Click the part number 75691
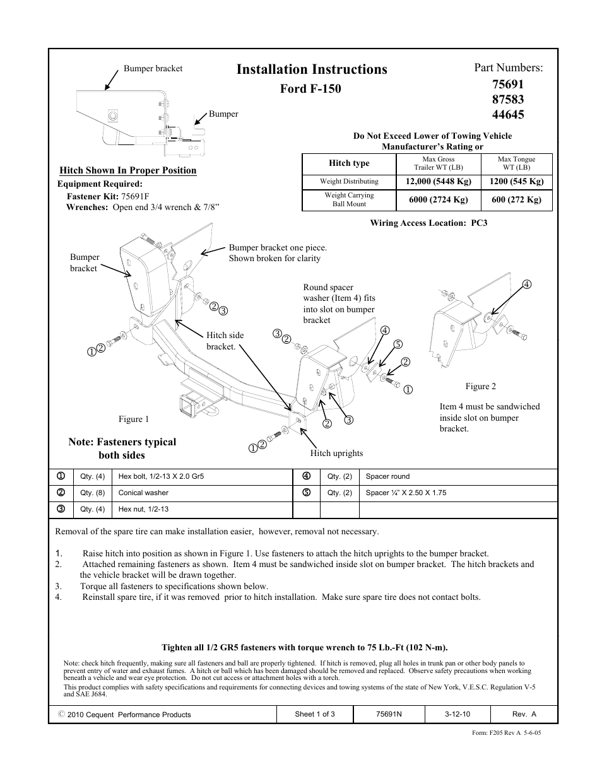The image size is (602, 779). [500, 84]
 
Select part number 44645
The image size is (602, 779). [500, 114]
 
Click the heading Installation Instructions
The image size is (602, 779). [312, 69]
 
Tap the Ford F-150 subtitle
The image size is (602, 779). [310, 88]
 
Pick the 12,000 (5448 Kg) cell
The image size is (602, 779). [439, 182]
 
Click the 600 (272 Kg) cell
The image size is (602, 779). [516, 200]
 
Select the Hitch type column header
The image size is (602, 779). [349, 163]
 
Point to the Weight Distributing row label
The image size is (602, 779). [349, 182]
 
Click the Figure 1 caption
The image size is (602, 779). [134, 419]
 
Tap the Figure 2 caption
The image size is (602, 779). [481, 387]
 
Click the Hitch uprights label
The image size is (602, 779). [336, 453]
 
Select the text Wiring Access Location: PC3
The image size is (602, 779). [428, 223]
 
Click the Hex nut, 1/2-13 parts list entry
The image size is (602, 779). [143, 510]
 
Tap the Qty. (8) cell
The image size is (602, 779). [92, 493]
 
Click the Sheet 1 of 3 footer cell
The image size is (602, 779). [315, 715]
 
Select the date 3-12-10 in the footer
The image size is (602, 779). [457, 715]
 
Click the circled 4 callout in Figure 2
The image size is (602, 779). [527, 284]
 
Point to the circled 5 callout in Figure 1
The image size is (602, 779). [398, 344]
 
